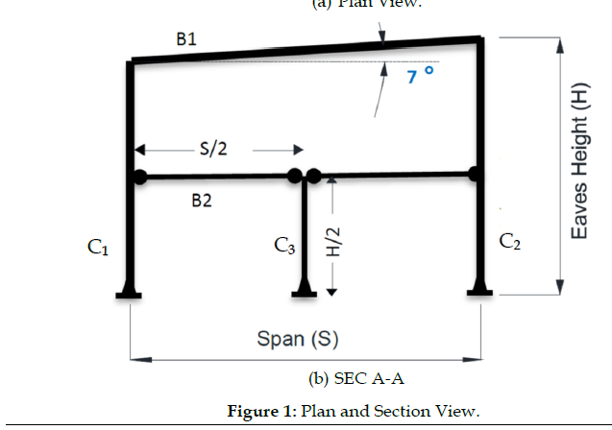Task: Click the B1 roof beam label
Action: (186, 38)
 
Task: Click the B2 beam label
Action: (201, 201)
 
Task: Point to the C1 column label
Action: (98, 249)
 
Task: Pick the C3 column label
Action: (284, 248)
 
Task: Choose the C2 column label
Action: (510, 241)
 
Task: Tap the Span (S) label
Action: (298, 339)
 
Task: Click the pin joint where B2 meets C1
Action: (140, 177)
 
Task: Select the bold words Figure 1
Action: (261, 412)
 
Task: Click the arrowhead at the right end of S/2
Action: (299, 150)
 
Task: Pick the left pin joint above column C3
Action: (296, 177)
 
